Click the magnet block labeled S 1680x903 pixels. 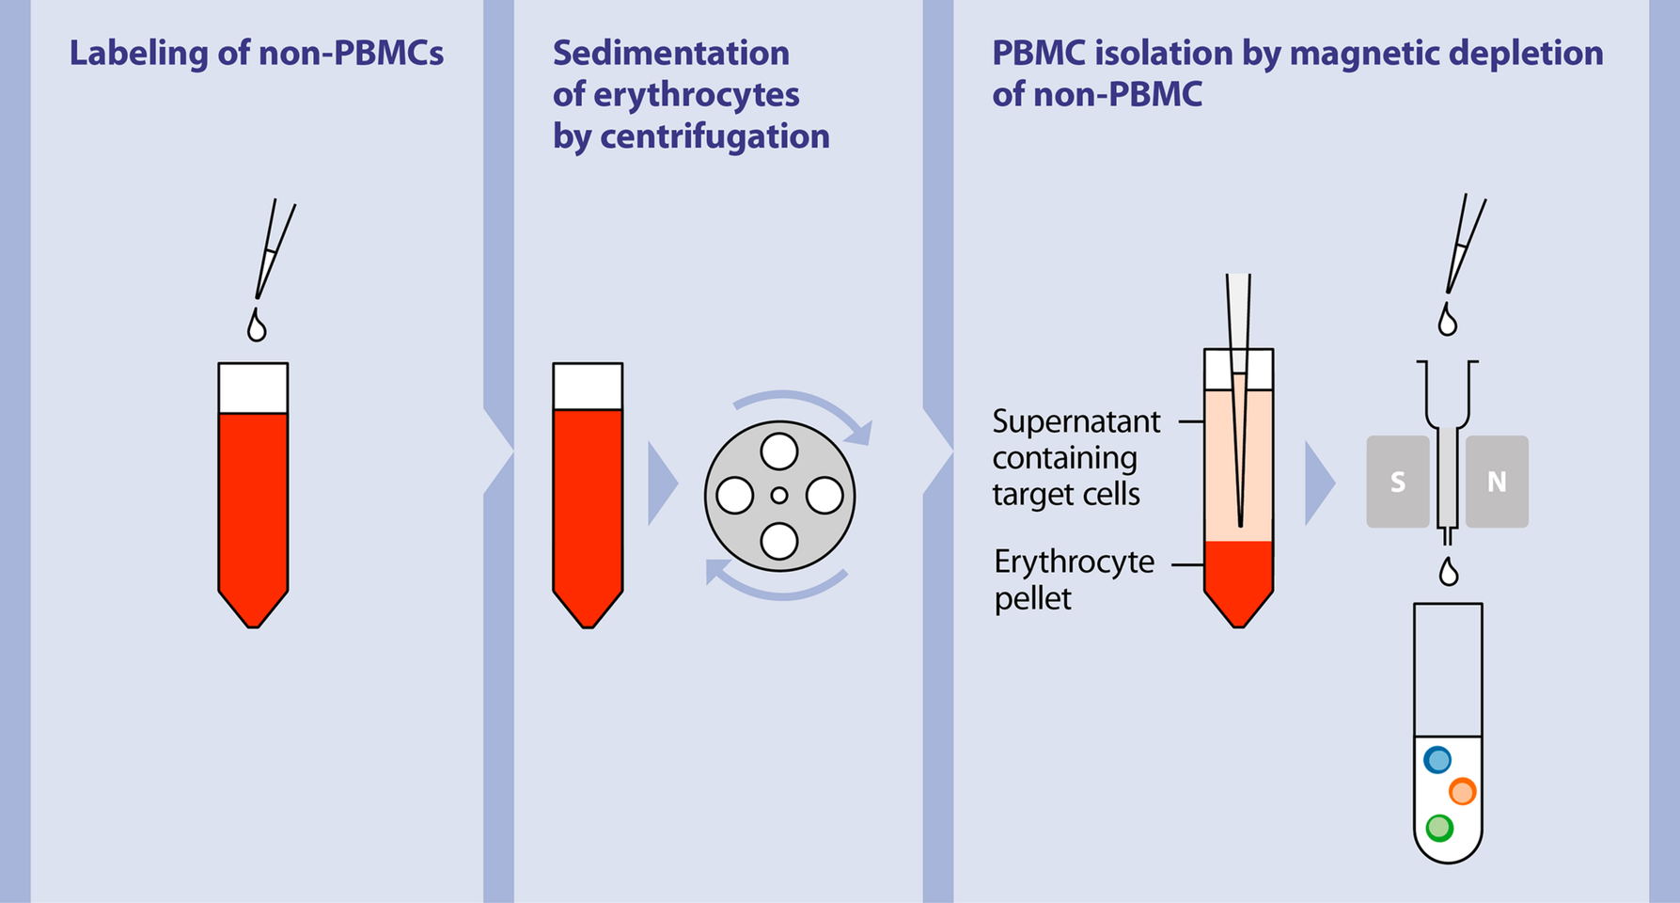click(1397, 482)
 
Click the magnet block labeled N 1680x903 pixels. click(1497, 482)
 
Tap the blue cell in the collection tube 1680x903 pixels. click(1437, 760)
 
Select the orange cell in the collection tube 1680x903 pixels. click(1462, 792)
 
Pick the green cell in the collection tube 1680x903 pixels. click(1439, 828)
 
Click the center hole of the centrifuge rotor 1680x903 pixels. click(778, 496)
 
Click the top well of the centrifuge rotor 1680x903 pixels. click(778, 451)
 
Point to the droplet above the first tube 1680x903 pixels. click(257, 326)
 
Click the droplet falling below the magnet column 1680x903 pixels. click(1449, 572)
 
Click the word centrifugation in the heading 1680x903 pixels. click(714, 137)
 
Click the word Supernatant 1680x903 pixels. click(1076, 421)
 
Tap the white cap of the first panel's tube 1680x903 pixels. click(253, 388)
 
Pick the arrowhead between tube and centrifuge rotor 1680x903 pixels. click(662, 483)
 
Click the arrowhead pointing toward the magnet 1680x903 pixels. click(1318, 483)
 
